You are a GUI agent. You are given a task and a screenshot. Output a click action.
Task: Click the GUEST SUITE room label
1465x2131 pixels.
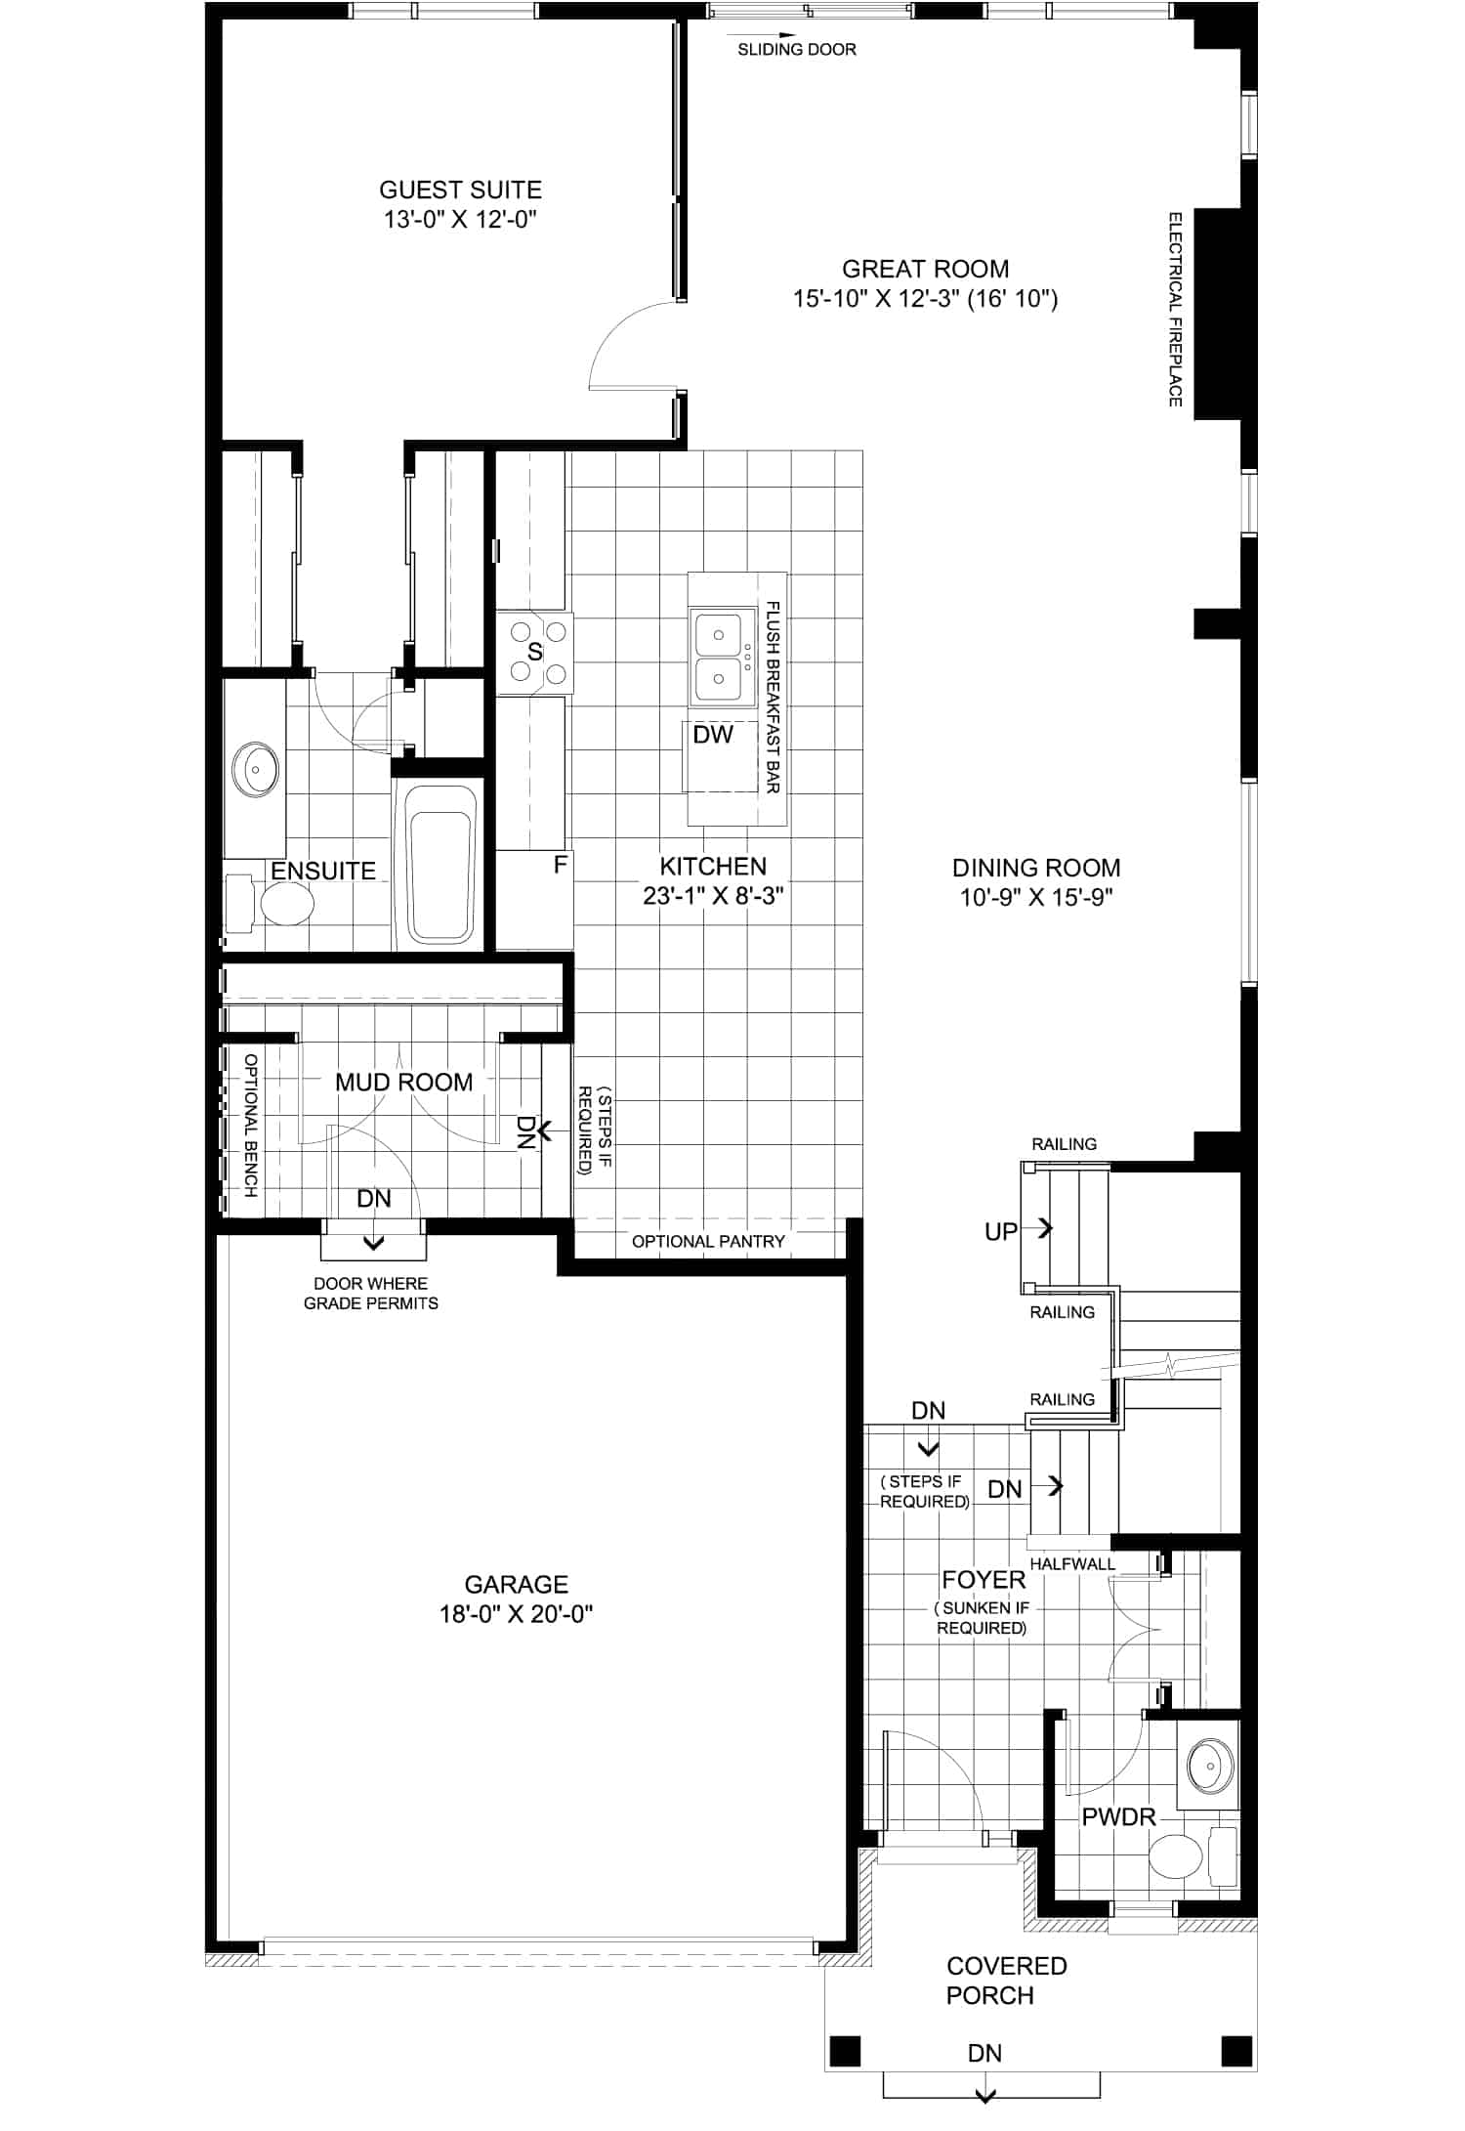(x=460, y=190)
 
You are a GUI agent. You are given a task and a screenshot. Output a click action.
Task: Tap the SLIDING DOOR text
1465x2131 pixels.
(x=797, y=50)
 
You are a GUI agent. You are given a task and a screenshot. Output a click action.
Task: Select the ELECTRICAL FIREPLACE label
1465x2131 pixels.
(x=1176, y=309)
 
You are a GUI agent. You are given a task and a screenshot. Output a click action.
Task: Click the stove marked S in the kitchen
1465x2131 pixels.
(x=535, y=653)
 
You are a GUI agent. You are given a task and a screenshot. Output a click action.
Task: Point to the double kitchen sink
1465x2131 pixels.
(x=723, y=657)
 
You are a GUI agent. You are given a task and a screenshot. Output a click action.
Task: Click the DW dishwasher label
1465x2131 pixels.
(x=713, y=735)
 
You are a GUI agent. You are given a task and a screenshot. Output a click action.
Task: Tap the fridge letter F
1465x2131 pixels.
(x=561, y=865)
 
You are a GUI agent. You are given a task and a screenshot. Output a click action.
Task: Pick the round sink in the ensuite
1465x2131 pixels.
(x=255, y=770)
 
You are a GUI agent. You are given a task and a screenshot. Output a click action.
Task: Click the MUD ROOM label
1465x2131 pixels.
(x=403, y=1083)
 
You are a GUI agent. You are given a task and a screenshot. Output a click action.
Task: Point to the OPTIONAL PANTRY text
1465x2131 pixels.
(x=708, y=1242)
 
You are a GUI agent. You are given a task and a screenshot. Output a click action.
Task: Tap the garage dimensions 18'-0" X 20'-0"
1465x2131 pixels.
(x=517, y=1613)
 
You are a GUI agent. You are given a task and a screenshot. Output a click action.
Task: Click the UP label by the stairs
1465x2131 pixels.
(x=1001, y=1231)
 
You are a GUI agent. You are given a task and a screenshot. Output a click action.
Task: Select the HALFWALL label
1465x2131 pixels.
(x=1072, y=1563)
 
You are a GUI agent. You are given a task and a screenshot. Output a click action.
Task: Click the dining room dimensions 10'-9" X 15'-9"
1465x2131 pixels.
(x=1036, y=897)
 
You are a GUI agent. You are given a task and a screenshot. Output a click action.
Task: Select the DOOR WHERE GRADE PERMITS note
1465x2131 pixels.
(x=371, y=1294)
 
